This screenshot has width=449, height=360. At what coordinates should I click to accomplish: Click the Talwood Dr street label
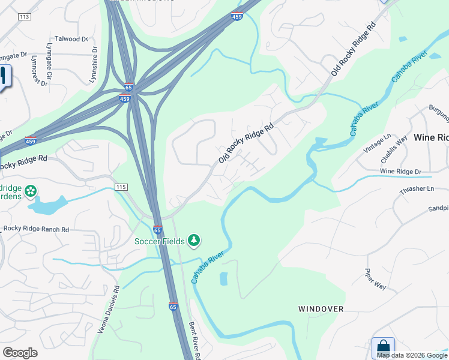click(x=71, y=39)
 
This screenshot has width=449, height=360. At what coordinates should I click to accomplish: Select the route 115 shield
click(x=121, y=187)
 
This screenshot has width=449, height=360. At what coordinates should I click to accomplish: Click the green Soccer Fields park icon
click(x=193, y=241)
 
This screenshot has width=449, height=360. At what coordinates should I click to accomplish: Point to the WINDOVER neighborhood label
click(x=321, y=309)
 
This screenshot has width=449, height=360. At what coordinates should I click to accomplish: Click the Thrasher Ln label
click(x=417, y=189)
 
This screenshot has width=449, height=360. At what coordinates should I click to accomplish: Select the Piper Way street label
click(x=376, y=279)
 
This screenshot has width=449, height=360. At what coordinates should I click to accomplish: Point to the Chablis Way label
click(x=394, y=149)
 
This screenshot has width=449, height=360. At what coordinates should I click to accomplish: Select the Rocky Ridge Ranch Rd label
click(x=36, y=229)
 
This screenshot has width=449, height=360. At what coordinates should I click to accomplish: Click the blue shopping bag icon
click(x=382, y=347)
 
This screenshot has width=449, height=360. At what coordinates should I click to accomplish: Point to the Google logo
click(x=20, y=353)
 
